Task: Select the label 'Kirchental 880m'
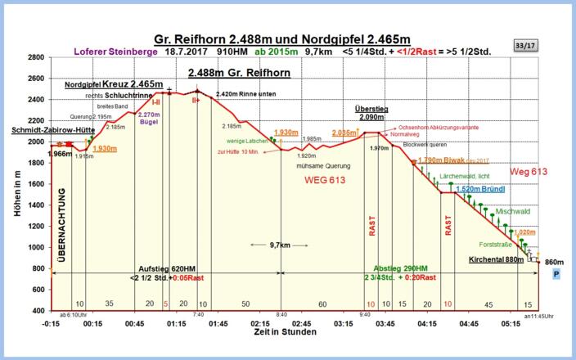pos(496,260)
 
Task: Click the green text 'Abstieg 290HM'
pos(400,269)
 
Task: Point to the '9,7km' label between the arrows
pos(279,245)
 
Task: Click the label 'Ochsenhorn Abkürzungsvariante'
pos(439,128)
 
